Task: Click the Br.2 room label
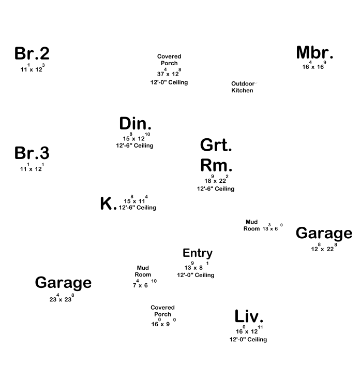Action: point(32,53)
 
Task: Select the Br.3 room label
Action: point(32,153)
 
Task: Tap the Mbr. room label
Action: point(314,53)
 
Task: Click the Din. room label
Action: point(135,124)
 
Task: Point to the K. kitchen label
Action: point(108,204)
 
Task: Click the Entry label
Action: point(198,253)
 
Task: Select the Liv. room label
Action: point(249,316)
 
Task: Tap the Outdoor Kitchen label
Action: point(243,87)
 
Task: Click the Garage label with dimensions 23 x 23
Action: point(63,283)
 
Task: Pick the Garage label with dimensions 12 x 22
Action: point(324,234)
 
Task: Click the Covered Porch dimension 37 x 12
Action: point(169,73)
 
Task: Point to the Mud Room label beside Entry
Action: point(143,271)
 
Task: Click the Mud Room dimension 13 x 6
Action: point(272,228)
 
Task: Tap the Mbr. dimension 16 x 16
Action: point(313,66)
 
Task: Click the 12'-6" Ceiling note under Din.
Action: point(134,146)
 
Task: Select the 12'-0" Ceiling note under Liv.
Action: point(248,340)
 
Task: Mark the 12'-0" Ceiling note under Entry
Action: point(196,275)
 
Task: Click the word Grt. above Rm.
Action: point(216,145)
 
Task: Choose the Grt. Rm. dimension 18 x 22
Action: point(216,181)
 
